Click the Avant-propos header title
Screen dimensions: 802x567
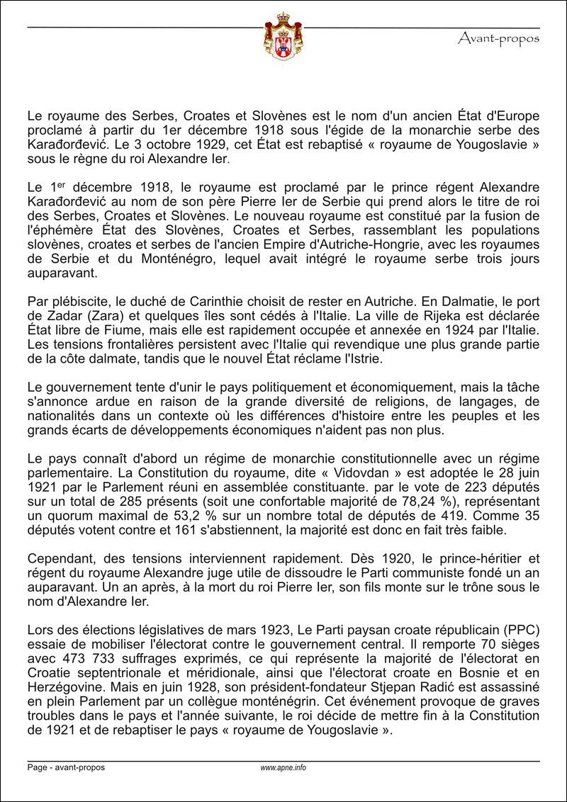coord(498,38)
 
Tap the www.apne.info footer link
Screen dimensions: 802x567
coord(283,767)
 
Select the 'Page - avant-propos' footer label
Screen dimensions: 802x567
coord(66,767)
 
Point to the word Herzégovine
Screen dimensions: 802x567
coord(61,687)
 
